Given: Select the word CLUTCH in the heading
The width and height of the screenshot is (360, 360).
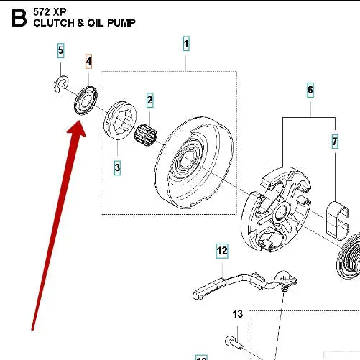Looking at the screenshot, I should tap(53, 23).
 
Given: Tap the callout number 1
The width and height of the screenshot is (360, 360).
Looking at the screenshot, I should tap(186, 45).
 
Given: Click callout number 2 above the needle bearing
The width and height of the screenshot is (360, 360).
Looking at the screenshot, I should tap(150, 99).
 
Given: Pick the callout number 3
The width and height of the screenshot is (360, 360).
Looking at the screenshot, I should tap(117, 167).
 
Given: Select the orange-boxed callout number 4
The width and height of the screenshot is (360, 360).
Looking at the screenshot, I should tap(89, 62).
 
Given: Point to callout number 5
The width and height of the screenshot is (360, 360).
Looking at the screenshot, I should tap(61, 50).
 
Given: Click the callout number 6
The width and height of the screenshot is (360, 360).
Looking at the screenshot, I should tap(310, 90).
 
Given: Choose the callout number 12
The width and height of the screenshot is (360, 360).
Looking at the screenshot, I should tap(222, 251).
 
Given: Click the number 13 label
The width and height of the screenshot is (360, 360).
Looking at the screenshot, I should tap(238, 314).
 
